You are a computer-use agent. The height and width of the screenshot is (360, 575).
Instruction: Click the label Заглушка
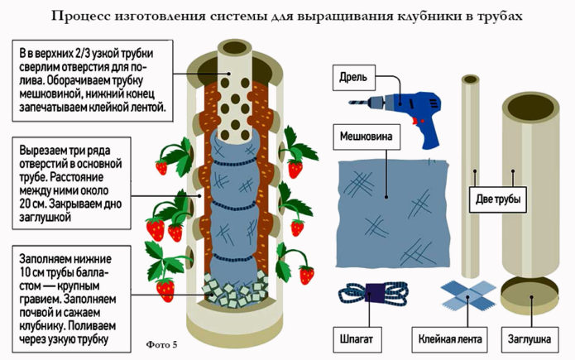click(x=532, y=338)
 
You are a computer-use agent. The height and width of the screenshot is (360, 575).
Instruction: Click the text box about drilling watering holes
click(x=91, y=79)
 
